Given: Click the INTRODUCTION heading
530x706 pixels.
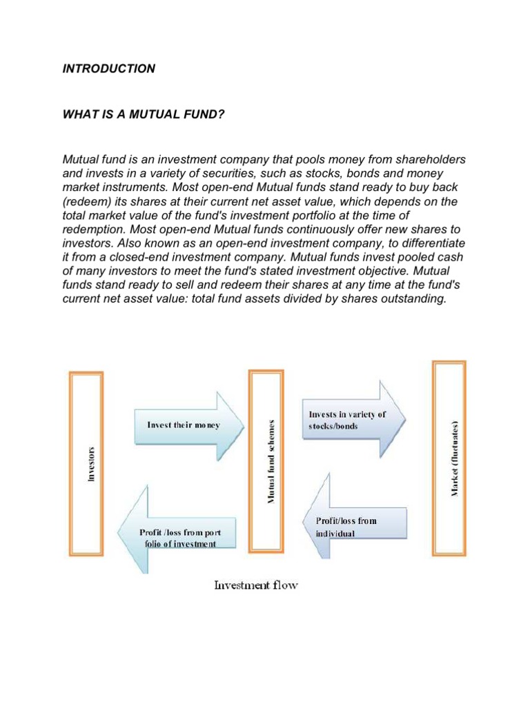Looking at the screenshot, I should (109, 69).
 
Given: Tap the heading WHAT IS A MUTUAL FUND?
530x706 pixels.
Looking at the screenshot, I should (144, 113).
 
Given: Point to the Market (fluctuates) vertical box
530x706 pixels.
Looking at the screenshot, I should (449, 458).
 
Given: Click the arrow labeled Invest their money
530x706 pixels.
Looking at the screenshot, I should (187, 425).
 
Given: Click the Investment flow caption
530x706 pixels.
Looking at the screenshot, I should (256, 586).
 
